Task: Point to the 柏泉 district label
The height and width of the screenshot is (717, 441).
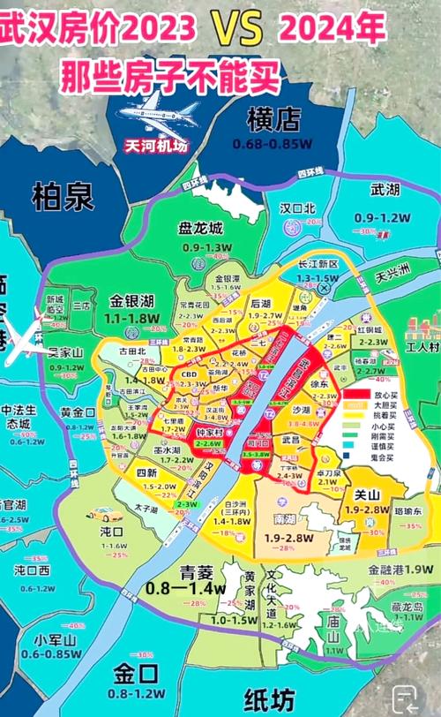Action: coord(63,196)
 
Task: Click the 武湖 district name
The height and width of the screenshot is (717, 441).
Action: coord(385,190)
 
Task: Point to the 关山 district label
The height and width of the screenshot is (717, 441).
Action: coord(365,495)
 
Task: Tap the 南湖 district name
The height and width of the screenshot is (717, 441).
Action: coord(285,520)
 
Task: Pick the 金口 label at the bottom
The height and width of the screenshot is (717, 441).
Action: coord(136,675)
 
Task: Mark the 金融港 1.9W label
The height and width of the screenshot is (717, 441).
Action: coord(399,570)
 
